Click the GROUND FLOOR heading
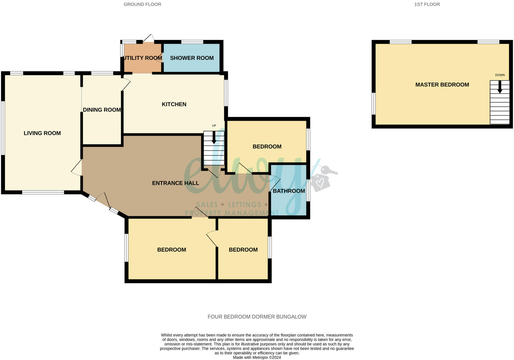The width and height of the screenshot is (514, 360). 142,4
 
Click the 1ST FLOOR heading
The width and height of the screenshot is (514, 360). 427,4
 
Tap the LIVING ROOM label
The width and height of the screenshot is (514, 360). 42,133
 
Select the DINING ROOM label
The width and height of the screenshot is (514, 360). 102,110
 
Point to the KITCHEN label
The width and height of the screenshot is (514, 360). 174,104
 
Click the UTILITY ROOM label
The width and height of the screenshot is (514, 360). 143,58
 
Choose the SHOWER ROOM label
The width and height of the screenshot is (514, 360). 192,58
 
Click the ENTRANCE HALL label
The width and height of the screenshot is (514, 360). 175,183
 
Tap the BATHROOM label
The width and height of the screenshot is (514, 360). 289,191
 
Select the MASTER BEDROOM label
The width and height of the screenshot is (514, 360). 442,85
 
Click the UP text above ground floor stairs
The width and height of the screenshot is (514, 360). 214,126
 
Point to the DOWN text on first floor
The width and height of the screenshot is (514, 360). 500,75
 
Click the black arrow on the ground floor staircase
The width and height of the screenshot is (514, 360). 214,138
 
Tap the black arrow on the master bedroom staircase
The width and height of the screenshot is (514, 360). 500,87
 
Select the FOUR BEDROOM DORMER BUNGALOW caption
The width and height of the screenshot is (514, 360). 257,317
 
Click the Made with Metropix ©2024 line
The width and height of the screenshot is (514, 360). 257,357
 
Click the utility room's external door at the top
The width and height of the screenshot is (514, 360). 148,39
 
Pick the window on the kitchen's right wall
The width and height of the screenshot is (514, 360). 226,93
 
